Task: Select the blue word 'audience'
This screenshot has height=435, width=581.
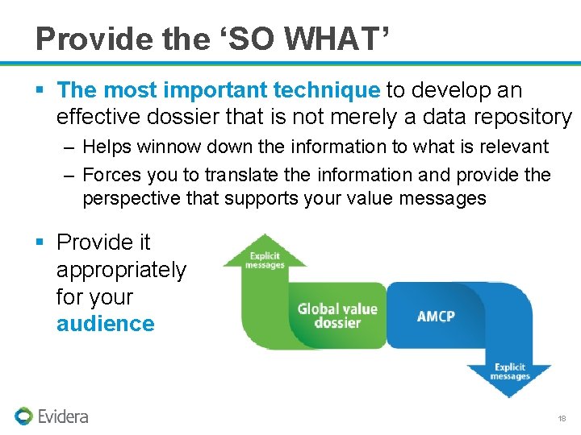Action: click(x=105, y=324)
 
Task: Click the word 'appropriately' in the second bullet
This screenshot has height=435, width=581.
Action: click(x=121, y=270)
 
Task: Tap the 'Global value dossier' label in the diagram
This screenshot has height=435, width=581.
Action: click(x=336, y=315)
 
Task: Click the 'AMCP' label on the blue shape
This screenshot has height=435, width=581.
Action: click(x=435, y=316)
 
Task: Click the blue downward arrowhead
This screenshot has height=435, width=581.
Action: click(x=509, y=379)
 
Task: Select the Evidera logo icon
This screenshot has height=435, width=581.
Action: click(x=23, y=416)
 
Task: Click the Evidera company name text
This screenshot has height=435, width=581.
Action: click(x=63, y=416)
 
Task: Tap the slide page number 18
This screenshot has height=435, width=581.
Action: click(x=562, y=419)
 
